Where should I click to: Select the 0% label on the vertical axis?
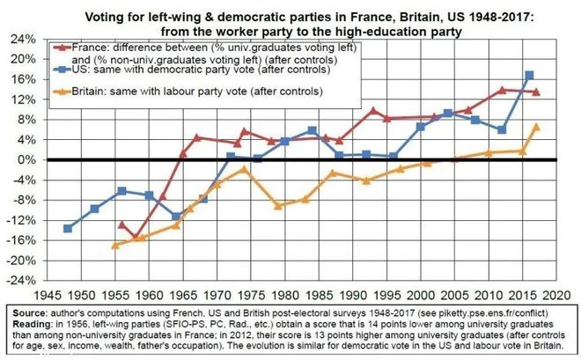(x=27, y=160)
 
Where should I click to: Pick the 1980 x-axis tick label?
(x=284, y=294)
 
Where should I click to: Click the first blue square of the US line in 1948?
(x=68, y=228)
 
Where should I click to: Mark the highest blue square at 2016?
(x=529, y=76)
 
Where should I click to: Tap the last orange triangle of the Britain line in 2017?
(x=536, y=127)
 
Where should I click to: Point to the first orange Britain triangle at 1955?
(x=115, y=245)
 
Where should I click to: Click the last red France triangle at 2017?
(x=536, y=92)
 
